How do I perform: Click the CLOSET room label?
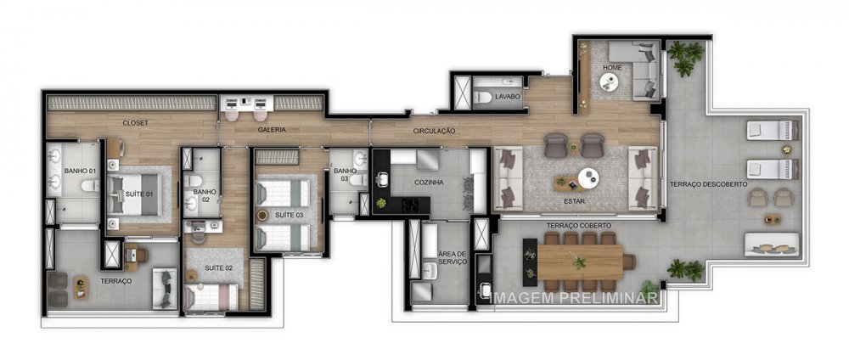coord(135,122)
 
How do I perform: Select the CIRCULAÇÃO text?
coord(435,131)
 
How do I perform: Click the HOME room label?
coord(612,67)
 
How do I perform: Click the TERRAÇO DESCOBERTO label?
coord(708,184)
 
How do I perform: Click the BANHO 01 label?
coord(80,171)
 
